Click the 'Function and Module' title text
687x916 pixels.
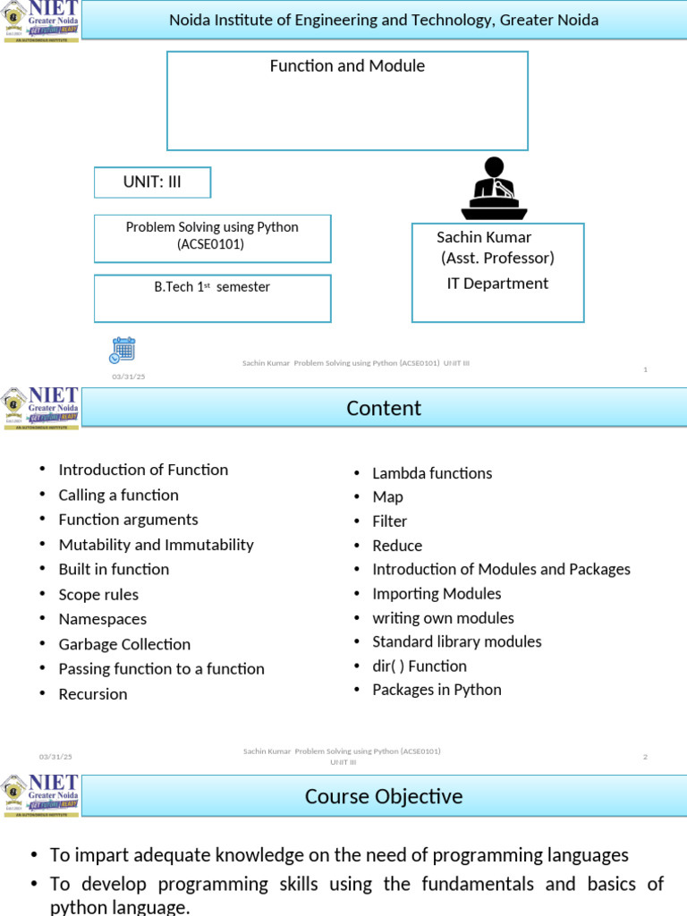tap(347, 66)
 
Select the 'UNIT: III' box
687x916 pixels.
tap(152, 182)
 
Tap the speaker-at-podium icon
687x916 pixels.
tap(494, 189)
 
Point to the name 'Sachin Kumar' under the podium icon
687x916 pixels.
tap(484, 237)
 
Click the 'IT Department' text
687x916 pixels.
tap(497, 284)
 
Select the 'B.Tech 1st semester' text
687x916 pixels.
tap(212, 287)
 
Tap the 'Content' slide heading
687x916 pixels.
tap(384, 409)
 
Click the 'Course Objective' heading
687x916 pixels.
tap(384, 796)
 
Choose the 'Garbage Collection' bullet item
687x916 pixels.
tap(124, 644)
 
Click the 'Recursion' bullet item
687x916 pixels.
tap(93, 694)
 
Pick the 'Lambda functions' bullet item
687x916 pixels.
tap(432, 473)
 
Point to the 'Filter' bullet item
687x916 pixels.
tap(390, 522)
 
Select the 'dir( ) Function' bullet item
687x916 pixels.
tap(420, 666)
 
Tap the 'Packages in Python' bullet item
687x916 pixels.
tap(437, 690)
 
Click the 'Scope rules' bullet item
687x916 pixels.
tap(98, 595)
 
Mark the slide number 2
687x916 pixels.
tap(645, 758)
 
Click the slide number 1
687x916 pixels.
tap(645, 369)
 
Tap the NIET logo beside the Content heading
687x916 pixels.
tap(40, 409)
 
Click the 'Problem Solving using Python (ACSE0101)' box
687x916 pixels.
tap(212, 236)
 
